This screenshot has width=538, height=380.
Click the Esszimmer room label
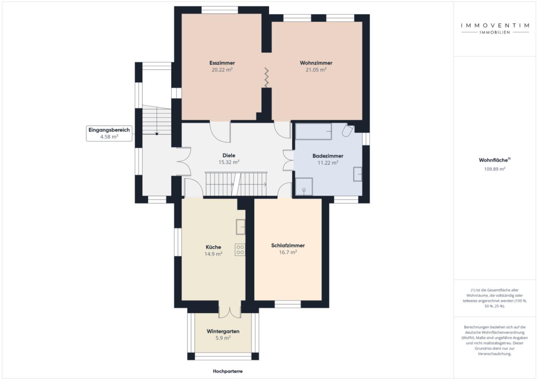[x=222, y=63]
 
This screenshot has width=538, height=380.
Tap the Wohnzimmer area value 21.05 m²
[x=316, y=70]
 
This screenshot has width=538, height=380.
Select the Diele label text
[x=229, y=155]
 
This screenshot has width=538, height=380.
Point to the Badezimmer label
[x=328, y=156]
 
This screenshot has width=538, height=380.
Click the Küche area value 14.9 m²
[x=213, y=254]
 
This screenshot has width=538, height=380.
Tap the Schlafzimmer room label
[x=288, y=245]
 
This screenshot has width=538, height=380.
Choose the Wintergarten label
[x=223, y=331]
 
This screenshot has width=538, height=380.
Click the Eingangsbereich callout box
[x=109, y=133]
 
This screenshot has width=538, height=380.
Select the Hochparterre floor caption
[x=228, y=371]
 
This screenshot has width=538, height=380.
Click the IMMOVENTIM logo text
[x=495, y=25]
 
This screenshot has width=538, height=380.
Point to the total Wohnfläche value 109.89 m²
[x=494, y=169]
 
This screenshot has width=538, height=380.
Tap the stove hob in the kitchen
[x=240, y=250]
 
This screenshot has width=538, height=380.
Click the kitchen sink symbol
[x=240, y=227]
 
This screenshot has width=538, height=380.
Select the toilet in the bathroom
[x=348, y=130]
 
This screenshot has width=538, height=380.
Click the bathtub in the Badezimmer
[x=313, y=131]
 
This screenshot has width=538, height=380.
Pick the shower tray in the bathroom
[x=304, y=187]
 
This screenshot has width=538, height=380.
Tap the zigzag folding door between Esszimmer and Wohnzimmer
[x=266, y=77]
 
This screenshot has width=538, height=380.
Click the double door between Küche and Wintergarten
[x=230, y=312]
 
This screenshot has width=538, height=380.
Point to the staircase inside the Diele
[x=236, y=184]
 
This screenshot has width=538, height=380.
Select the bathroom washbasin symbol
[x=357, y=174]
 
